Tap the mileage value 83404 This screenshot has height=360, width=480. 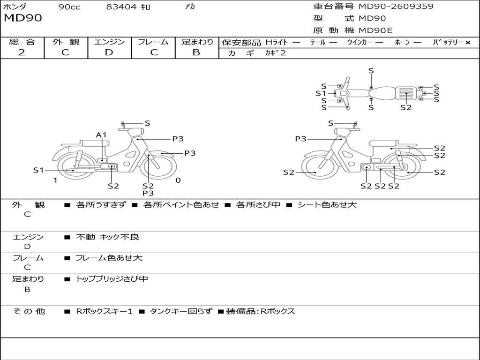pyautogui.click(x=121, y=7)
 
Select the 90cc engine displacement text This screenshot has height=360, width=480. pyautogui.click(x=69, y=7)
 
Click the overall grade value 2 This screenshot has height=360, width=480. pyautogui.click(x=22, y=52)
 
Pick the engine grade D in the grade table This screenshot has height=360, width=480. pyautogui.click(x=109, y=52)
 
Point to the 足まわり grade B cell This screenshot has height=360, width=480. pyautogui.click(x=196, y=52)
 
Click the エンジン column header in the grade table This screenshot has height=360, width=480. pyautogui.click(x=109, y=42)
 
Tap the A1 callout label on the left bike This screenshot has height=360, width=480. pyautogui.click(x=101, y=135)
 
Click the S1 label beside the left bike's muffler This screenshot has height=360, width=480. pyautogui.click(x=38, y=170)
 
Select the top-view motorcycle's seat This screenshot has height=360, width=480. pyautogui.click(x=384, y=92)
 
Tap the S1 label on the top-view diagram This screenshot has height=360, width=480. pyautogui.click(x=321, y=93)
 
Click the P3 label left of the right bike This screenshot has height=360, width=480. pyautogui.click(x=300, y=139)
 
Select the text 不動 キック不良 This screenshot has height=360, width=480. pyautogui.click(x=107, y=237)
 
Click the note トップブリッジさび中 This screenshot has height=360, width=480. pyautogui.click(x=112, y=279)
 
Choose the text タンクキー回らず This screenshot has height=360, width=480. pyautogui.click(x=180, y=311)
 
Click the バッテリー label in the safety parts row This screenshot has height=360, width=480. pyautogui.click(x=448, y=43)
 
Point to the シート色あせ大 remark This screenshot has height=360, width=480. pyautogui.click(x=327, y=205)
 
